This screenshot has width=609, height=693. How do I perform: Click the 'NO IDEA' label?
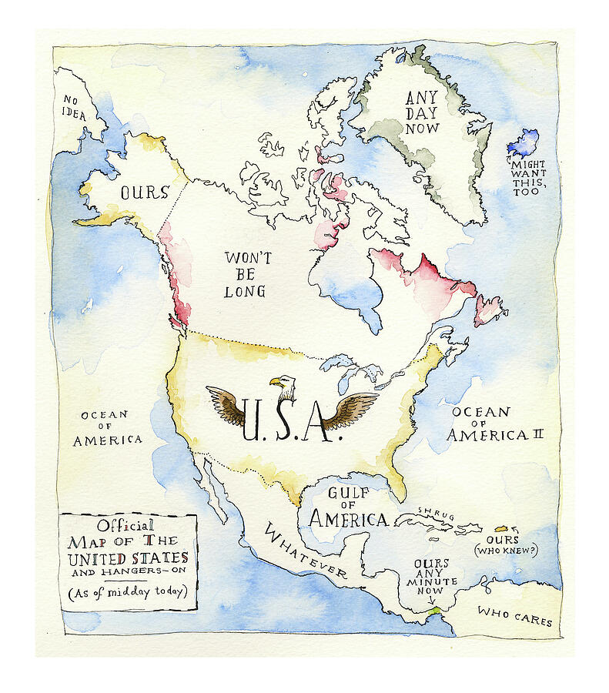75,107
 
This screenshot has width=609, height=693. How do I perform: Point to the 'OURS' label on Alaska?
144,192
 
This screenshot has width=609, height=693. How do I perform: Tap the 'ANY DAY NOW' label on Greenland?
421,112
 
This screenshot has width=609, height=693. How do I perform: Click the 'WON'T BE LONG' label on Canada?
246,274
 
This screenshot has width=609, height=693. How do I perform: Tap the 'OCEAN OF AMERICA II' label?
496,423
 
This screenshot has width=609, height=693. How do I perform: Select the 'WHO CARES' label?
514,615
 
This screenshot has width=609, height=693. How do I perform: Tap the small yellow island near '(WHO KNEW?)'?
500,529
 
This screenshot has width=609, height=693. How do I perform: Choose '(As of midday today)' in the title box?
128,592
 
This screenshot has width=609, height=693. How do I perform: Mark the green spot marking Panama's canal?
437,609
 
